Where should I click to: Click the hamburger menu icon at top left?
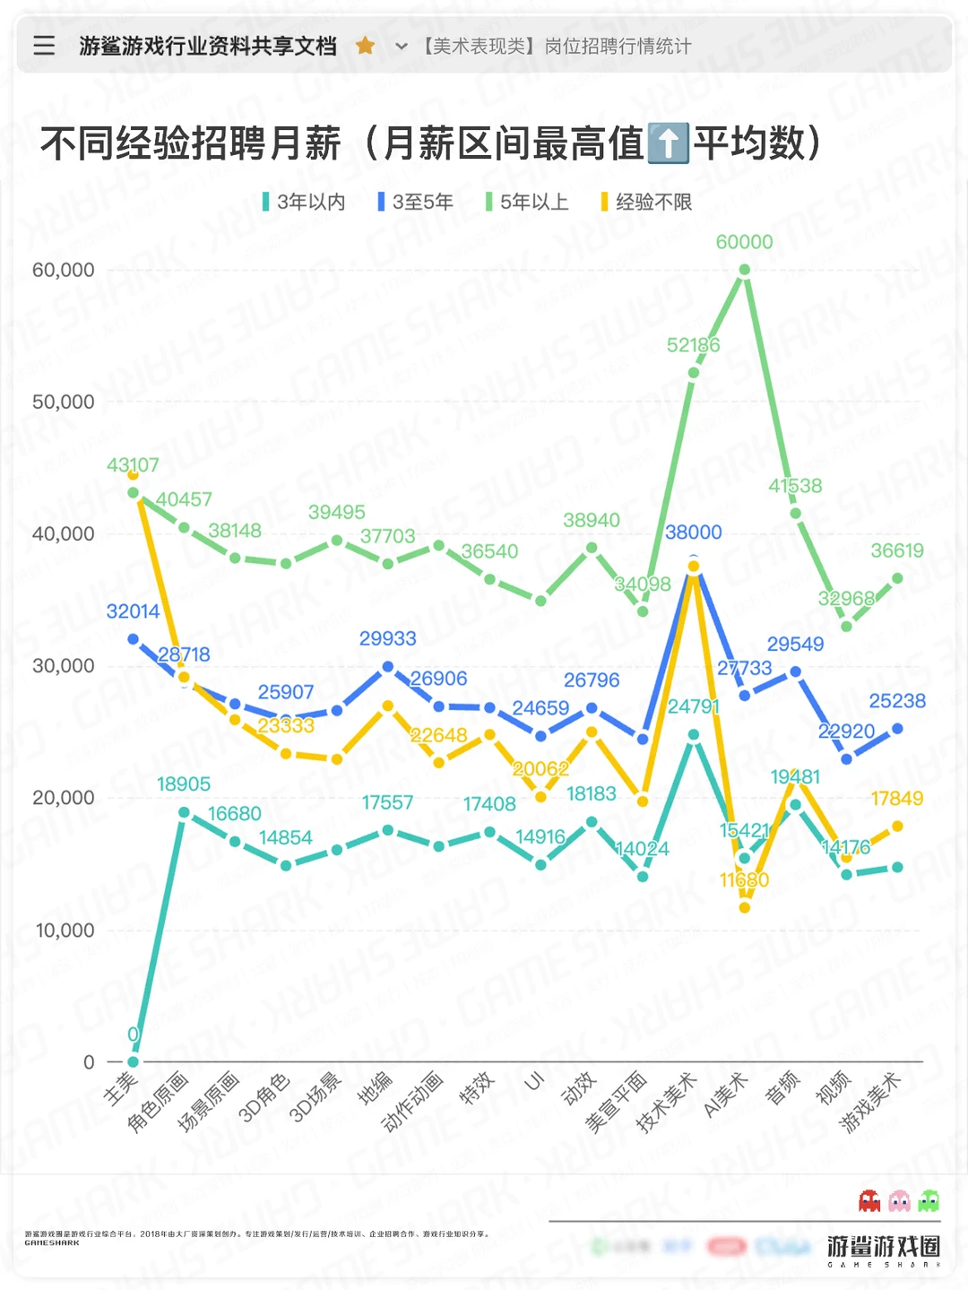click(x=44, y=46)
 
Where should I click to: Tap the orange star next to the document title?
click(x=365, y=46)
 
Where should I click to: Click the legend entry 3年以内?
click(x=304, y=202)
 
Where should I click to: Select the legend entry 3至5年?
click(x=416, y=202)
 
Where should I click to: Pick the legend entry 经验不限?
click(x=646, y=202)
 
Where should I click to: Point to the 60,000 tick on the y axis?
click(x=64, y=270)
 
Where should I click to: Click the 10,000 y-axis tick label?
click(x=64, y=931)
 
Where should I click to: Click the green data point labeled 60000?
click(x=744, y=270)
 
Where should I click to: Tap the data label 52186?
click(x=693, y=345)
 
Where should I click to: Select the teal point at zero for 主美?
click(x=133, y=1061)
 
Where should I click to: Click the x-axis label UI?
click(x=534, y=1082)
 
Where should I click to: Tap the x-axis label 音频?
click(x=782, y=1088)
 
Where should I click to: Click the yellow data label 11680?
click(x=744, y=880)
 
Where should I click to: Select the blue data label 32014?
click(x=133, y=611)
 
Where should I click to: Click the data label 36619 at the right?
click(x=896, y=550)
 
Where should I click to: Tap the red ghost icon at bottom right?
click(x=869, y=1200)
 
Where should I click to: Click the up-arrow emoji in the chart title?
click(x=668, y=143)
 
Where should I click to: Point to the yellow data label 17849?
click(x=896, y=798)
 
